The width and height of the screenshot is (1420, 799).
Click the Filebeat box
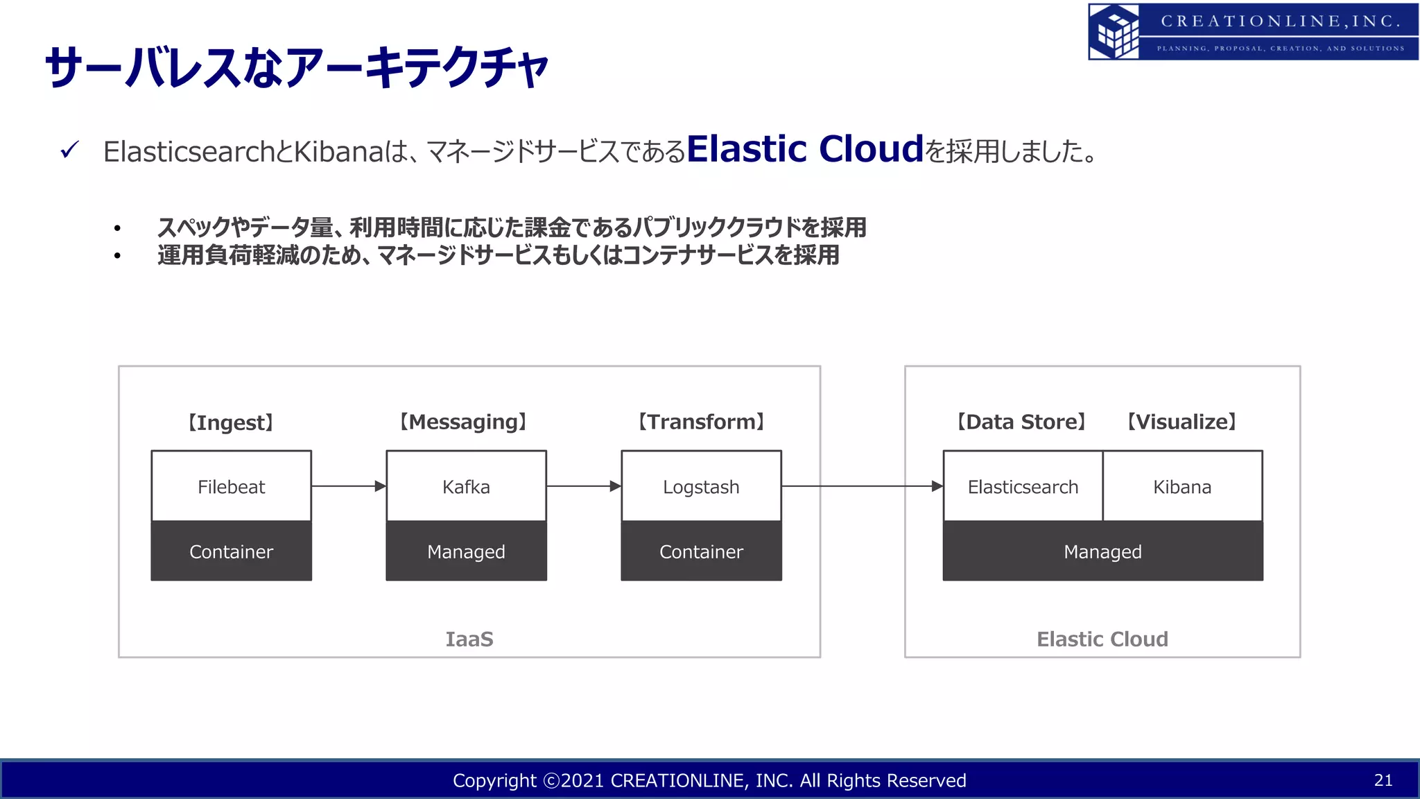tap(231, 486)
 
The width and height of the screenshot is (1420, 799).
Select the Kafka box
tap(466, 486)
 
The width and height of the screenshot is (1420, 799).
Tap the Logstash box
tap(701, 486)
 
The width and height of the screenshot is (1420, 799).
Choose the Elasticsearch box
tap(1023, 486)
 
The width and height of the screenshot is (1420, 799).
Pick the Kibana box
tap(1182, 486)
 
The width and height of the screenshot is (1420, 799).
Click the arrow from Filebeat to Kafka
tap(348, 486)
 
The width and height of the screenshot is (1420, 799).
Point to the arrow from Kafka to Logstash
tap(583, 486)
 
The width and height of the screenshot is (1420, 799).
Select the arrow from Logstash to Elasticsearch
tap(861, 486)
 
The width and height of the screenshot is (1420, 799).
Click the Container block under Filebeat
tap(231, 551)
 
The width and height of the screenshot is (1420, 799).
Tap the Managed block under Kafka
tap(466, 551)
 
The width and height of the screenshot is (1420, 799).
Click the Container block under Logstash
tap(701, 551)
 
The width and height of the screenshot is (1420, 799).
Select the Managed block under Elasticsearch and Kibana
tap(1102, 551)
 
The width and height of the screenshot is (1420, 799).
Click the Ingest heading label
tap(231, 422)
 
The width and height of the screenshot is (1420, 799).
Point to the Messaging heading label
tap(463, 422)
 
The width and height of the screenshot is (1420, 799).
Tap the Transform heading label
tap(701, 422)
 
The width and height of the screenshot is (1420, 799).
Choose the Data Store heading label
tap(1021, 422)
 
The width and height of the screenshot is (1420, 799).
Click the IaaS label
tap(469, 639)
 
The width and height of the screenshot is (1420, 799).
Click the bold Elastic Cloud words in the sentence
tap(805, 148)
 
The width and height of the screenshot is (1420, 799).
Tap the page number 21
tap(1383, 780)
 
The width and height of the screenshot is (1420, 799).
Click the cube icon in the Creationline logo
tap(1114, 32)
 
